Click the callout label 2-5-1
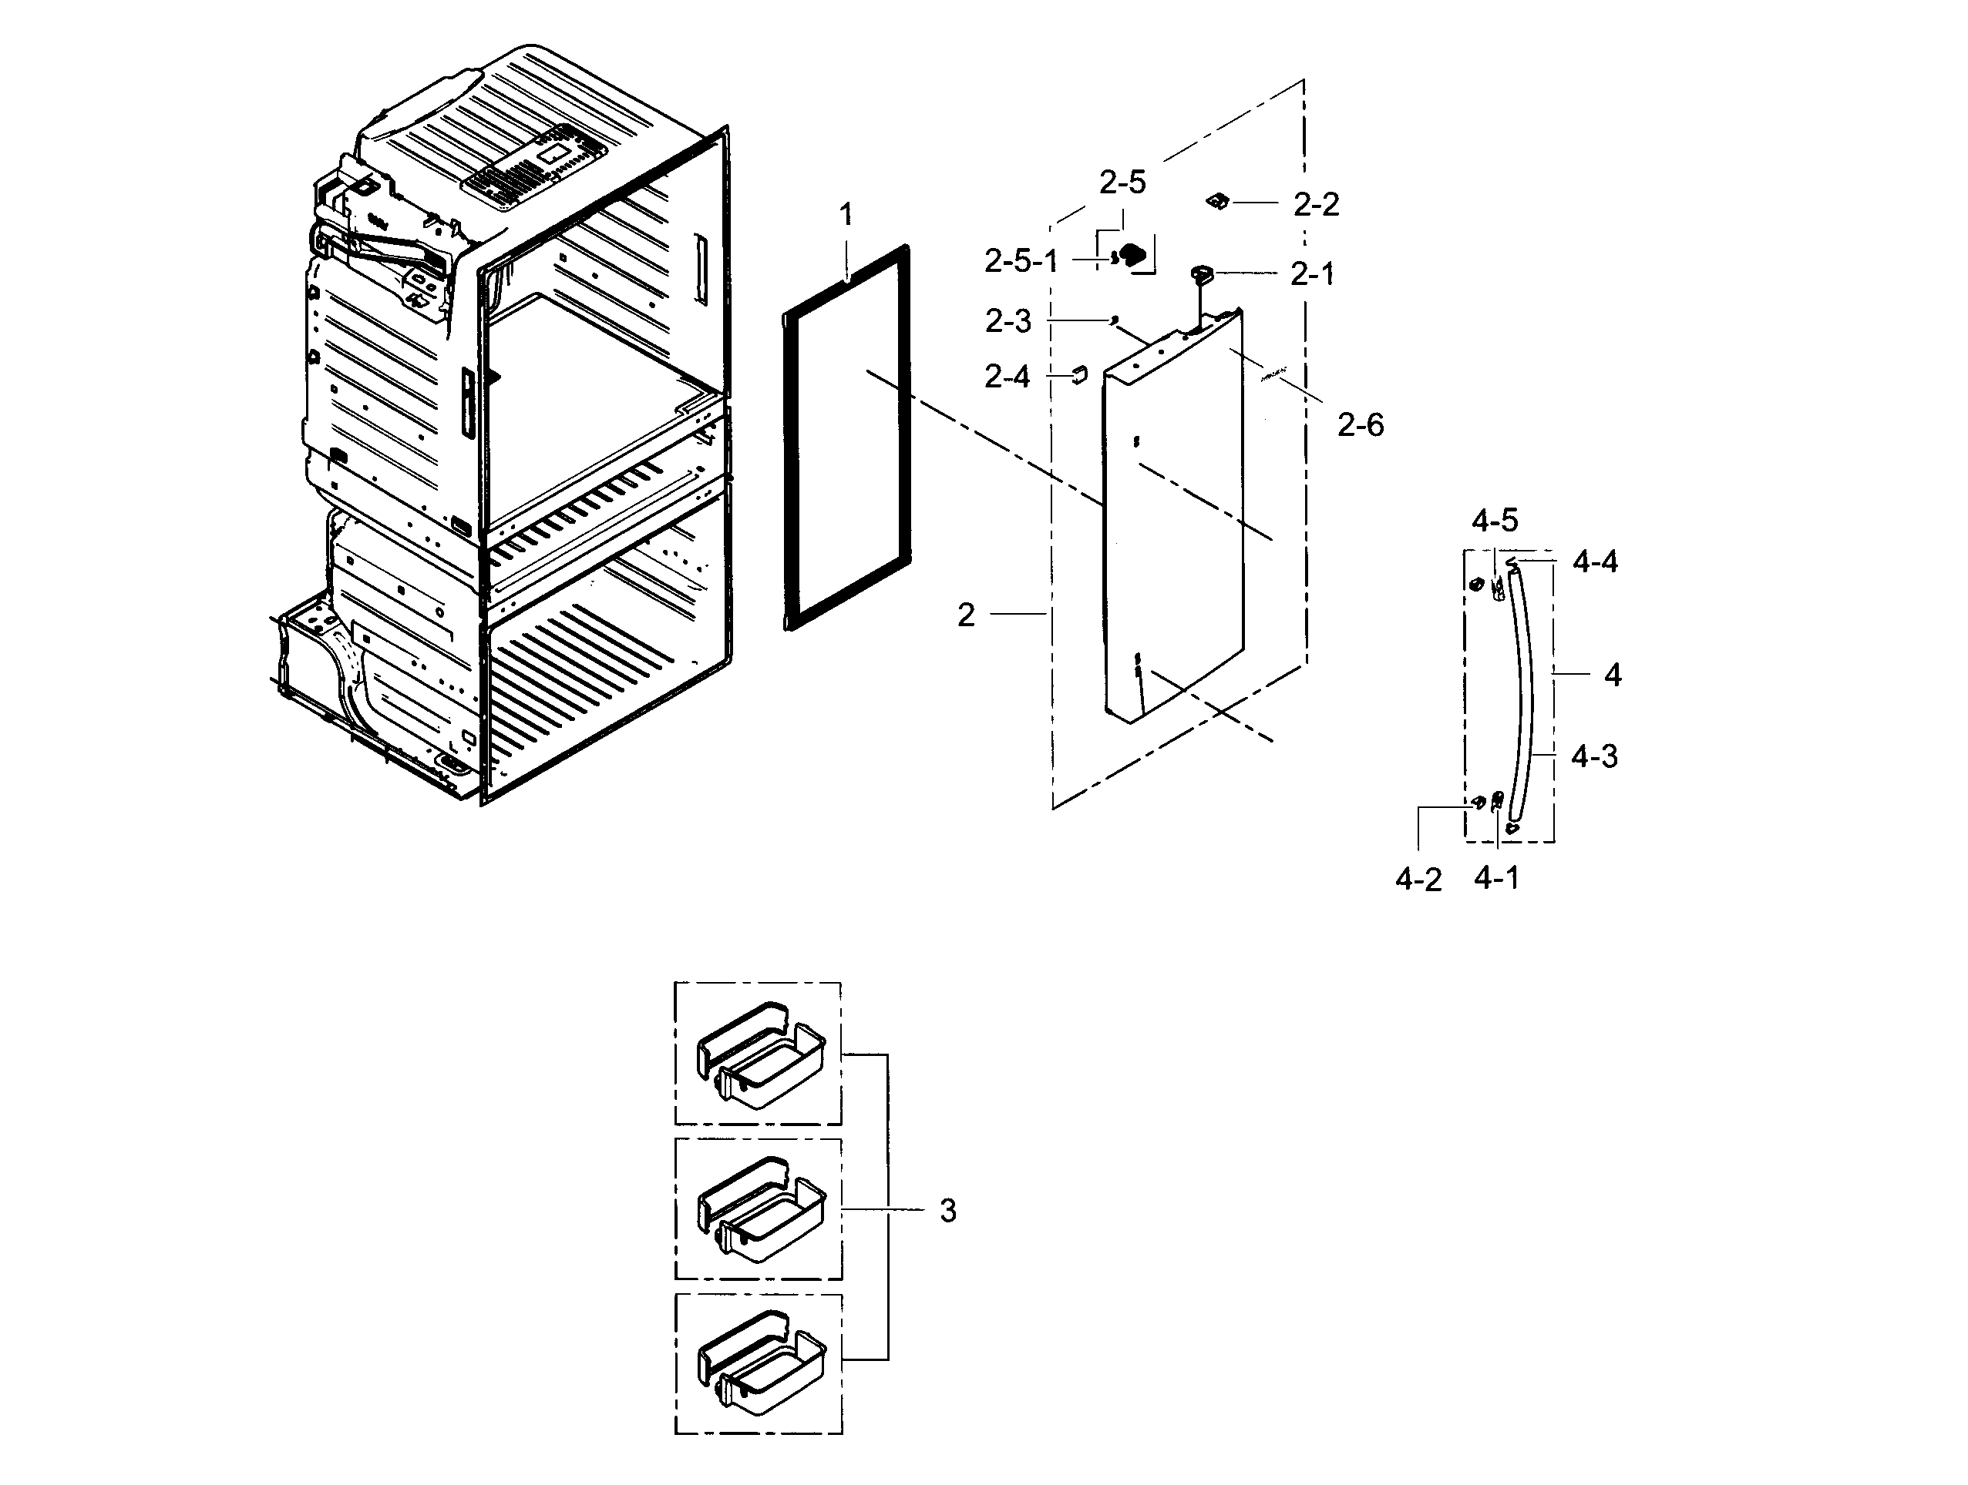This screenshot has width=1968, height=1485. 1021,261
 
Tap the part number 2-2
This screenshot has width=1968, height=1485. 1316,205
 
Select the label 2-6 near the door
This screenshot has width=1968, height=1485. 1361,425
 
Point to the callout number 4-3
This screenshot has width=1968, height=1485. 1593,756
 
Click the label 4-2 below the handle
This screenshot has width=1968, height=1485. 1418,880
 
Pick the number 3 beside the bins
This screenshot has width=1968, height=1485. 948,1210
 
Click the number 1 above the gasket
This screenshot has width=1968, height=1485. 846,214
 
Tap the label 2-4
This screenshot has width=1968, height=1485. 1008,377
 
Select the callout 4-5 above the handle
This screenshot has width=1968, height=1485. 1495,520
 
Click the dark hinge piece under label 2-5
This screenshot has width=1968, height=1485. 1132,256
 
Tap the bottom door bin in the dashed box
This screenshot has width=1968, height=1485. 762,1364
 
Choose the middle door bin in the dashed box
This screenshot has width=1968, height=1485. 762,1209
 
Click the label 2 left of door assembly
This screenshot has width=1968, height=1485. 966,615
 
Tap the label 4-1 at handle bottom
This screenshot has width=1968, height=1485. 1496,879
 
